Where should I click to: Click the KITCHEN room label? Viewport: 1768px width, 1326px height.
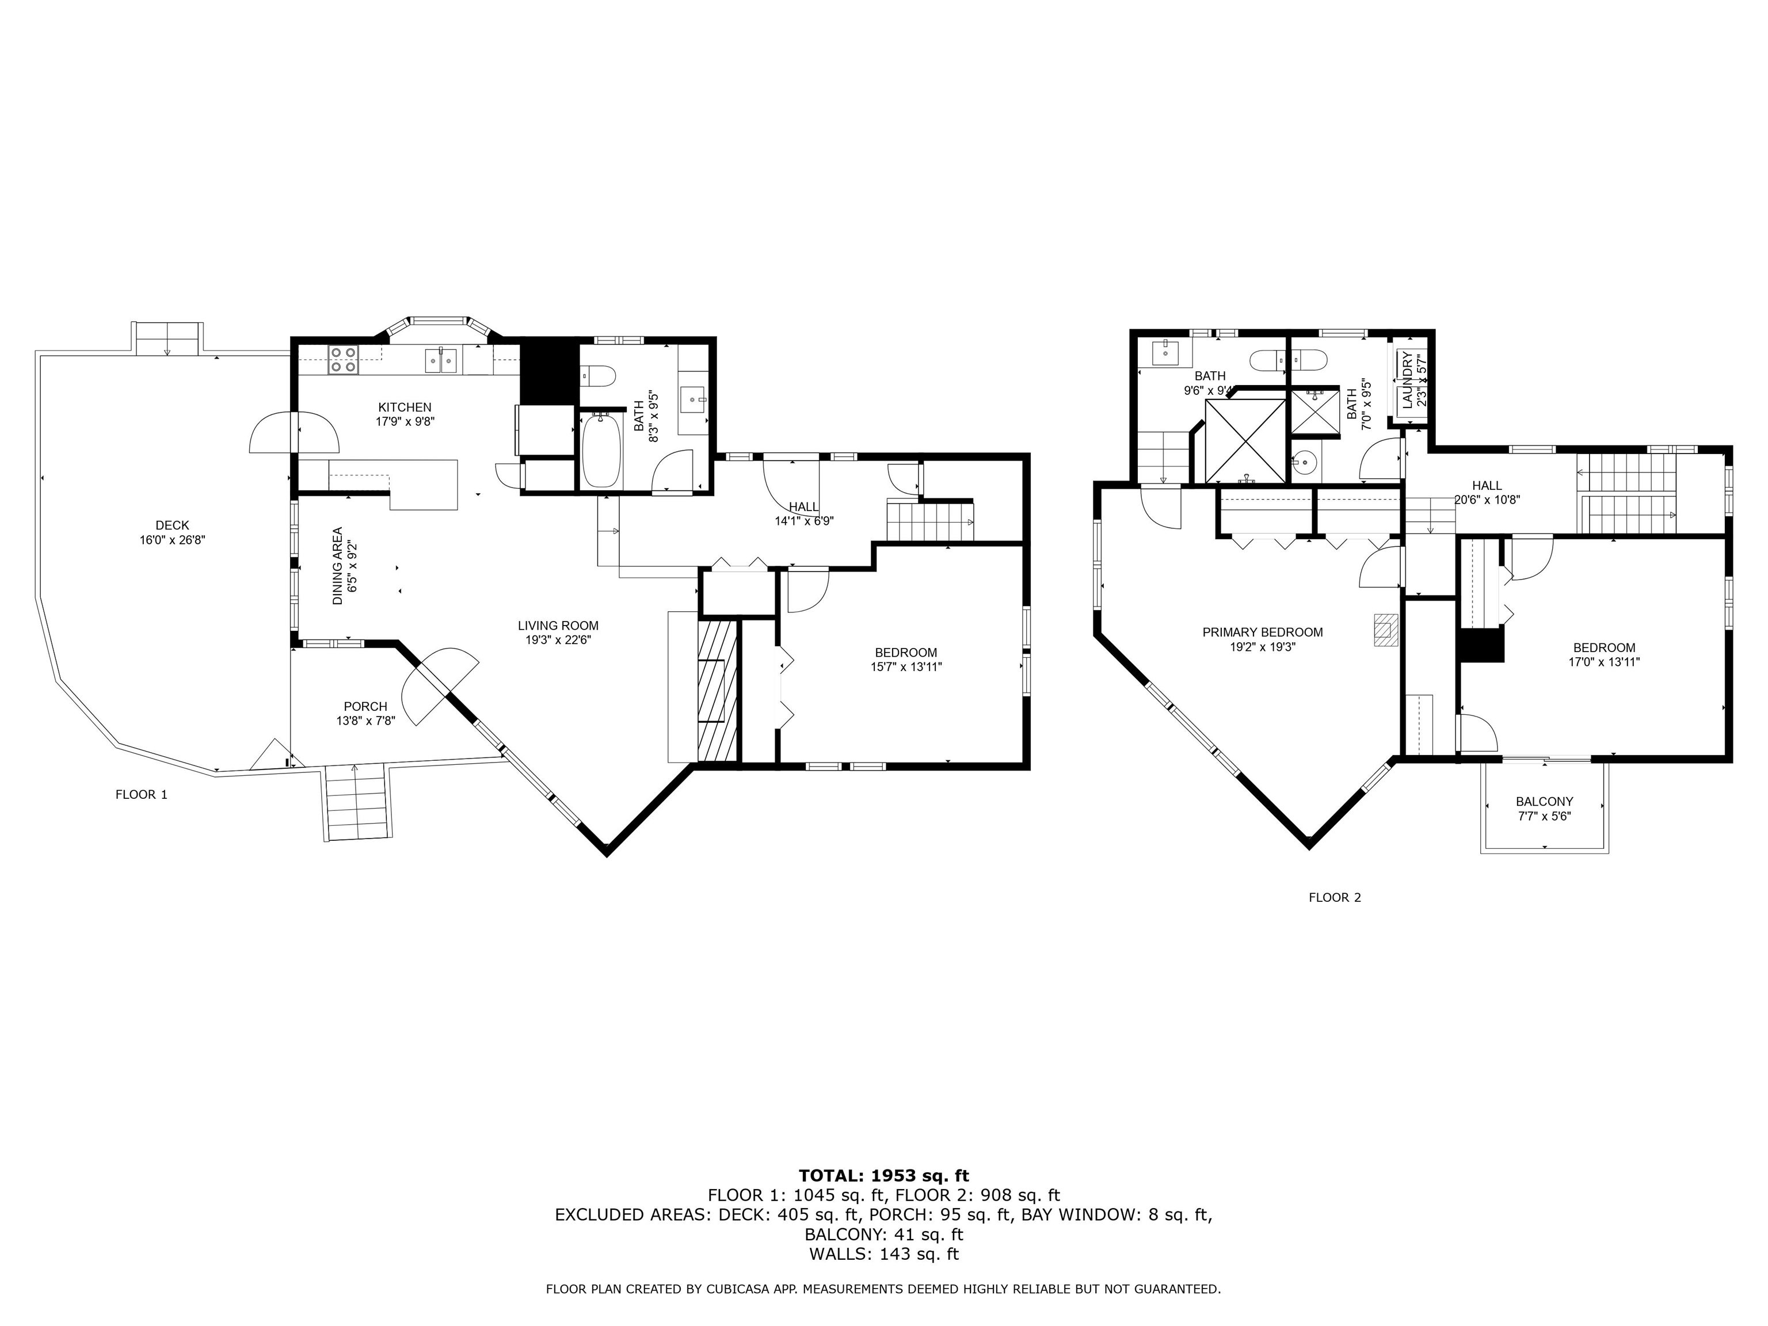405,407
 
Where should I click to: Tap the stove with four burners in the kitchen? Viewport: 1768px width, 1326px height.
344,360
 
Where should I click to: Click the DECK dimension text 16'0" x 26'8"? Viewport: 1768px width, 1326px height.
173,540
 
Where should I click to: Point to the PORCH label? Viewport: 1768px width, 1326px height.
365,707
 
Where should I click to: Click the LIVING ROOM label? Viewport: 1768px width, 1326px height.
558,626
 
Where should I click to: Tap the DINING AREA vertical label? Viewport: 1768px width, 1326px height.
338,566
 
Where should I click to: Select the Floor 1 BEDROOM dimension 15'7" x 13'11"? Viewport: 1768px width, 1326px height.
906,666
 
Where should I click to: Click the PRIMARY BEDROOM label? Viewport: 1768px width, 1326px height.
1263,632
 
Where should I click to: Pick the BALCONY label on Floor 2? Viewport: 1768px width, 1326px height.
1544,802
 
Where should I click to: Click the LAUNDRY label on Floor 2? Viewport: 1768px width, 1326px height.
1408,380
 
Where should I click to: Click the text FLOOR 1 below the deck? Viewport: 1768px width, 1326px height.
142,794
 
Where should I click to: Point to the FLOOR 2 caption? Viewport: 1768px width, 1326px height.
1335,898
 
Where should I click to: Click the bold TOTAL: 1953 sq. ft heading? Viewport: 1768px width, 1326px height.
883,1176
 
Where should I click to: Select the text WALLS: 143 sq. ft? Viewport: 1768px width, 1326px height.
883,1254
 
